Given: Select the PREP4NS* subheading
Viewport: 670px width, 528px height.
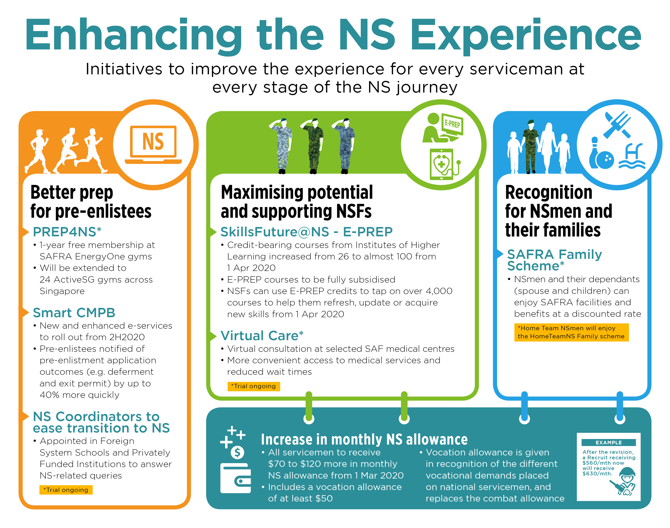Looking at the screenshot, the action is coord(67,232).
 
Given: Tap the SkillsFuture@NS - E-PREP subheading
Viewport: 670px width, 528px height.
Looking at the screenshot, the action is coord(306,232).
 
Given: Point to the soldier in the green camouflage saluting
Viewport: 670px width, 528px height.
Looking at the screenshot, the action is coord(313,146).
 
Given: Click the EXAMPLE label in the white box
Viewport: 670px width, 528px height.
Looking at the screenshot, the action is coord(609,442).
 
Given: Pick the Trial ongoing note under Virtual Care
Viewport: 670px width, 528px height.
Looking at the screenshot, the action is coord(254,386).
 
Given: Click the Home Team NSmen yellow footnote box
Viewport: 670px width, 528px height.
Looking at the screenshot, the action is coord(571,332).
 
